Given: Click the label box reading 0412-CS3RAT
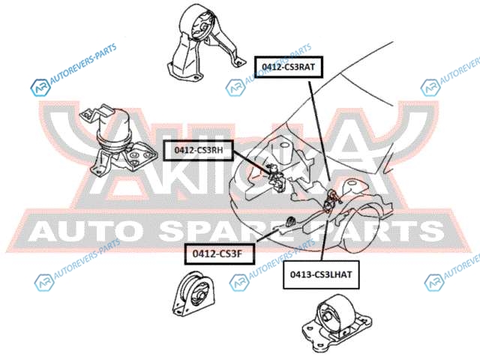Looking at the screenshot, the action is (x=289, y=67).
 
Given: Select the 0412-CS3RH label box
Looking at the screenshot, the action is (x=199, y=150).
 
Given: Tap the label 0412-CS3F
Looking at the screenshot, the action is (x=220, y=253).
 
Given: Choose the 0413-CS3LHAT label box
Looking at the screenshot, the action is (x=321, y=274).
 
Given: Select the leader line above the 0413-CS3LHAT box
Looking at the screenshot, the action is (x=324, y=236).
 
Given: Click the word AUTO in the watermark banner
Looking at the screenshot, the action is (x=86, y=231).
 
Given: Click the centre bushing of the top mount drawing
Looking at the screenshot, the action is (x=202, y=28).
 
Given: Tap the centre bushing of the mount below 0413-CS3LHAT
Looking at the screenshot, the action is (x=326, y=316).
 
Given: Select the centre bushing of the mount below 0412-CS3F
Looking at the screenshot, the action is (x=200, y=297).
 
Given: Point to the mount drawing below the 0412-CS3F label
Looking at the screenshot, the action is (x=193, y=293).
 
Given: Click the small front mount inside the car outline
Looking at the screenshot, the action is (x=289, y=222).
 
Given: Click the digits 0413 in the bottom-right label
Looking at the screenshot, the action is (x=301, y=274).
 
